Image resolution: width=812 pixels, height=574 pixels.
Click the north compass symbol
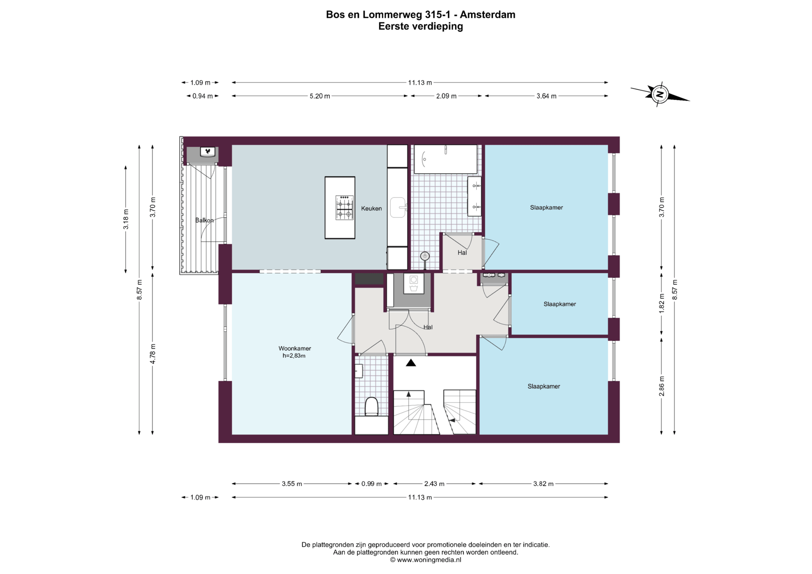[660, 94]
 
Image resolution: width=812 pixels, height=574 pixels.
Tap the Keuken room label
[371, 208]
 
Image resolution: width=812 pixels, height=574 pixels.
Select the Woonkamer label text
[295, 348]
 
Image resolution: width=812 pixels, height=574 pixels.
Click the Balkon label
[204, 220]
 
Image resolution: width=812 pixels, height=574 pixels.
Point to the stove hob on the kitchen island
[344, 207]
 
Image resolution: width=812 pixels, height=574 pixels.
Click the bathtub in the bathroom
[445, 159]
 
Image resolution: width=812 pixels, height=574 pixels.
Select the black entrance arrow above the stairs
[411, 363]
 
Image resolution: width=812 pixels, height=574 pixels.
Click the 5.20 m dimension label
[320, 96]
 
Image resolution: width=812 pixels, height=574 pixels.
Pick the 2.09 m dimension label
[446, 96]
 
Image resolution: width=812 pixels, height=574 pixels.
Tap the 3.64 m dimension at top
[546, 96]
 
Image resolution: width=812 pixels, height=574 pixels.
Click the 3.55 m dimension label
[292, 484]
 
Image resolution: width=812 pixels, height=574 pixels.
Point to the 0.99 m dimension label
[371, 484]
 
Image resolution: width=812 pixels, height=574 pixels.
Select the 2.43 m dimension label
[434, 484]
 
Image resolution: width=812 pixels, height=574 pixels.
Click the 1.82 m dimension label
[662, 303]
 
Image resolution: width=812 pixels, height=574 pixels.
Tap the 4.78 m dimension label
[153, 354]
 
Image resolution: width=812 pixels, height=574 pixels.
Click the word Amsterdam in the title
[488, 15]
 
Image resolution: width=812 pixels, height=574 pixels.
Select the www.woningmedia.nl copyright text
[425, 560]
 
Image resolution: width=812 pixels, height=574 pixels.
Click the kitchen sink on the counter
[398, 207]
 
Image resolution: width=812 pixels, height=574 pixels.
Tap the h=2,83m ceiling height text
[294, 356]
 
